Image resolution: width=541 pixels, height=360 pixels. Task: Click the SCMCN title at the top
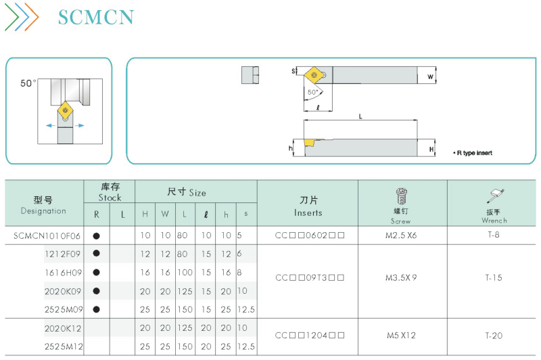pyautogui.click(x=96, y=18)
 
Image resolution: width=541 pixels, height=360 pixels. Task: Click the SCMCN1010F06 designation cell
pyautogui.click(x=47, y=235)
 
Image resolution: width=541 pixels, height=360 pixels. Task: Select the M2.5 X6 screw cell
pyautogui.click(x=401, y=235)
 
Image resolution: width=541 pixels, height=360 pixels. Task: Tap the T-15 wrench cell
pyautogui.click(x=494, y=277)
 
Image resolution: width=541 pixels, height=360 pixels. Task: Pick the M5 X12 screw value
pyautogui.click(x=401, y=335)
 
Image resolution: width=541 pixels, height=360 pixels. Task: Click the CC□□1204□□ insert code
pyautogui.click(x=310, y=335)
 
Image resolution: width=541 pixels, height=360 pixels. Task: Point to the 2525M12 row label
pyautogui.click(x=64, y=346)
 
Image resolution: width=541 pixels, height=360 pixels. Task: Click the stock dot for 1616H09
pyautogui.click(x=97, y=272)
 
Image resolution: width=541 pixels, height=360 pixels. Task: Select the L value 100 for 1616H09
pyautogui.click(x=185, y=272)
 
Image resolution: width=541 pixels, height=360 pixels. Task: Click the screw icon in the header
pyautogui.click(x=401, y=196)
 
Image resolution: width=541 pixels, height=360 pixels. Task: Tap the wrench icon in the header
pyautogui.click(x=496, y=196)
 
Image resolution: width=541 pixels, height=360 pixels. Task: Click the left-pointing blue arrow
pyautogui.click(x=51, y=126)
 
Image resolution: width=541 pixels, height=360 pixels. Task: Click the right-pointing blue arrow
pyautogui.click(x=79, y=126)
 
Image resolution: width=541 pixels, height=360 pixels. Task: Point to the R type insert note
pyautogui.click(x=473, y=153)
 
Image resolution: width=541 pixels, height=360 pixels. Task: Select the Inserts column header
pyautogui.click(x=308, y=206)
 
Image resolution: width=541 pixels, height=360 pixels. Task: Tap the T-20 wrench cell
pyautogui.click(x=494, y=335)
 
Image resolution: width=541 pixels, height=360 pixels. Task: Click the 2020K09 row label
pyautogui.click(x=63, y=291)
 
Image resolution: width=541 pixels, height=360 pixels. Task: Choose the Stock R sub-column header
pyautogui.click(x=97, y=215)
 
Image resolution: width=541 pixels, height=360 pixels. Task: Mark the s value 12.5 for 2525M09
pyautogui.click(x=246, y=309)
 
